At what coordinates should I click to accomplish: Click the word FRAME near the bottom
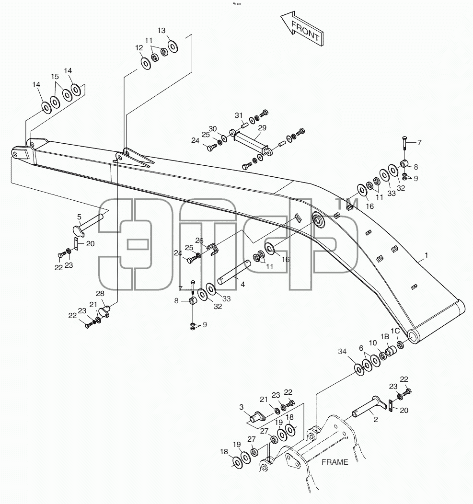click(x=335, y=462)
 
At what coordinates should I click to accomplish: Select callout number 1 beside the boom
click(x=427, y=255)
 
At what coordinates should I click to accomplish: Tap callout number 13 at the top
click(x=162, y=31)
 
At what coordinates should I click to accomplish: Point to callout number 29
click(x=262, y=128)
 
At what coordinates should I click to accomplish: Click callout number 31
click(x=239, y=115)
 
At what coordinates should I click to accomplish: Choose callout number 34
click(x=342, y=352)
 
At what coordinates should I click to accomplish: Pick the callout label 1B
click(x=384, y=336)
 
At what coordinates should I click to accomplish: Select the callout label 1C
click(x=395, y=331)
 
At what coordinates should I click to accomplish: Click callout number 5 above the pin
click(x=79, y=218)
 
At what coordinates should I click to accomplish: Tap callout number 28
click(x=100, y=294)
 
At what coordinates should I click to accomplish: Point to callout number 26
click(x=199, y=241)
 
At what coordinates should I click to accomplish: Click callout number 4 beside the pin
click(x=243, y=285)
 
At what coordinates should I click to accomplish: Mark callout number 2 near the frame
click(x=376, y=420)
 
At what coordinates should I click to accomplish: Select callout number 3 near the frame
click(x=242, y=407)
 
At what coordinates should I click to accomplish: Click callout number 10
click(x=373, y=343)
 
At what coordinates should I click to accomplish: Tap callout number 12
click(x=139, y=48)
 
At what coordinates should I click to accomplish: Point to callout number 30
click(x=213, y=129)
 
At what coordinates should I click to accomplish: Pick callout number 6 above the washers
click(x=361, y=348)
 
